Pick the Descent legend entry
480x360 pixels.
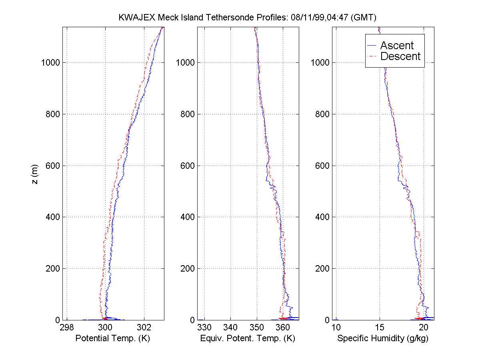(400, 56)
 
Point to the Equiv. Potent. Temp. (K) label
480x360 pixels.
(248, 338)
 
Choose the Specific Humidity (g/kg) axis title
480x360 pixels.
(383, 338)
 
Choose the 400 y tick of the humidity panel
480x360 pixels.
(322, 217)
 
